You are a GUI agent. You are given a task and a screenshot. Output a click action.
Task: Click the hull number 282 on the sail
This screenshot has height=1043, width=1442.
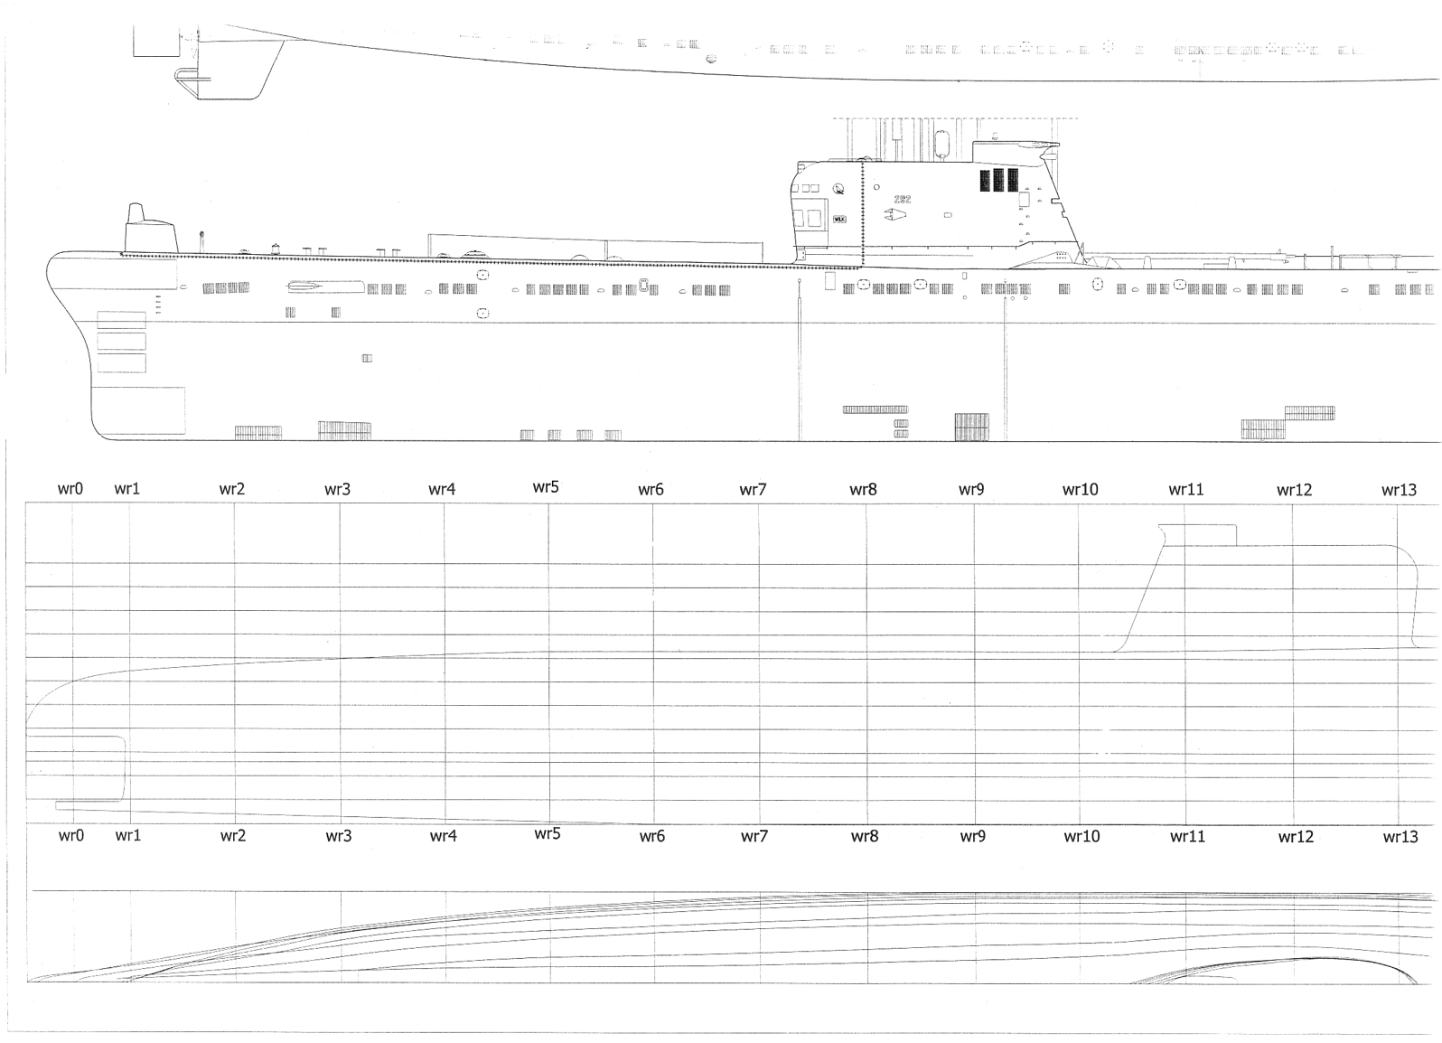(901, 199)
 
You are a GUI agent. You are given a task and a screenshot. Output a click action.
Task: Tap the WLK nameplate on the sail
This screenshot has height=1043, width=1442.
(839, 220)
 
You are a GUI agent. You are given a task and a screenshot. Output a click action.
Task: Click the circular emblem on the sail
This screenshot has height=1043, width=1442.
(839, 189)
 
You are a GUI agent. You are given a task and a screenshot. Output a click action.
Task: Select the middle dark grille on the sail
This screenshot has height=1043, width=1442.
(998, 180)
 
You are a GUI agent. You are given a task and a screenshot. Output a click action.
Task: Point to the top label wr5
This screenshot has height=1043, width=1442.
(546, 487)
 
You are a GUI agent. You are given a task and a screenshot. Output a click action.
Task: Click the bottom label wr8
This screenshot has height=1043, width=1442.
(864, 836)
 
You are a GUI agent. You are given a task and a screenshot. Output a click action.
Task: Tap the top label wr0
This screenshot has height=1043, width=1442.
(70, 489)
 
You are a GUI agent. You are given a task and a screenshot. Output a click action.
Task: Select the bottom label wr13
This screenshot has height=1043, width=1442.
(1400, 837)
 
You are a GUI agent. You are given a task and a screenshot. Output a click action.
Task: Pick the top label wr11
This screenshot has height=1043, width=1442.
(1185, 489)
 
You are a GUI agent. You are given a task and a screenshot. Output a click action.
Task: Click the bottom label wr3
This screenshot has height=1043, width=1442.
(339, 836)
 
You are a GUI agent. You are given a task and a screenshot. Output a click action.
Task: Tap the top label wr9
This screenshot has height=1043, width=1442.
(971, 490)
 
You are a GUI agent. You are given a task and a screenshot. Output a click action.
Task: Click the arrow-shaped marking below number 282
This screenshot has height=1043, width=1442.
(895, 216)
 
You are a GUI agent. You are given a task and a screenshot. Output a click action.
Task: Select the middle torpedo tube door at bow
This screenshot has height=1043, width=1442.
(121, 342)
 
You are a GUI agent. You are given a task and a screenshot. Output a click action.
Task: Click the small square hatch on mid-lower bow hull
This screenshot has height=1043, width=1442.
(367, 359)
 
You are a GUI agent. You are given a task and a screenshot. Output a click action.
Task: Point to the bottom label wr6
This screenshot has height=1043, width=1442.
(651, 836)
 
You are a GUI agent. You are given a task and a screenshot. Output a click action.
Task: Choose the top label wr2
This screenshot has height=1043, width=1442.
(232, 489)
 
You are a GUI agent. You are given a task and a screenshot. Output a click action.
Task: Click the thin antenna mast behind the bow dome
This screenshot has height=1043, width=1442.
(201, 240)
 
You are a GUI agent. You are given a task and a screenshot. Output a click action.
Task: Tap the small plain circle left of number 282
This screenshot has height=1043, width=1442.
(876, 188)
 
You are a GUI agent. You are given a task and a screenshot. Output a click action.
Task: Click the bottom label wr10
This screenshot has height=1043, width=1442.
(1081, 836)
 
